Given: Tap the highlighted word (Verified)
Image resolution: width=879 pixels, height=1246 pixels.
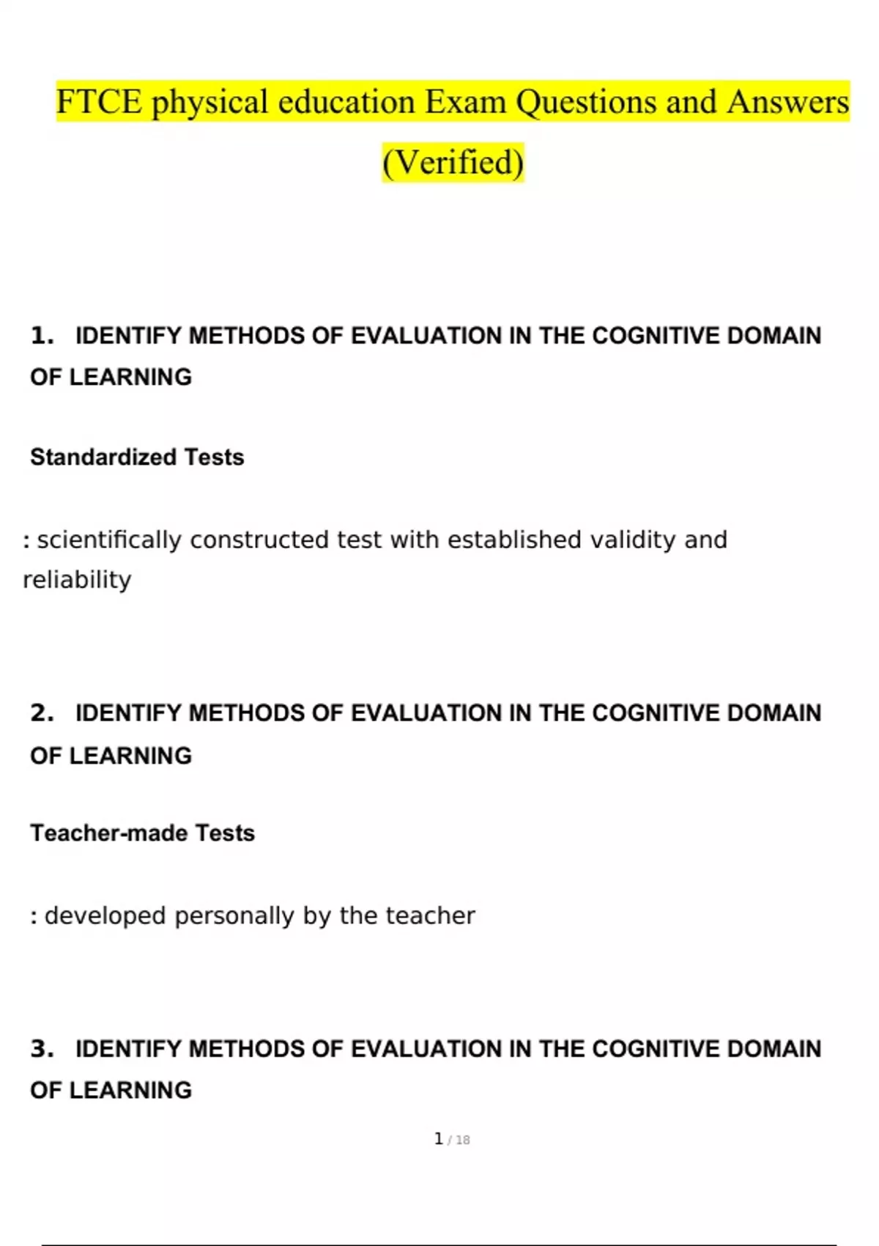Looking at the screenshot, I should [x=453, y=163].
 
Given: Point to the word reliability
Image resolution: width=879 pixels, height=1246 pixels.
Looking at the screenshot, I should [x=77, y=580].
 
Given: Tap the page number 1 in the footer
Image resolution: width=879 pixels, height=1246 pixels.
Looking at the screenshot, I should [x=438, y=1139].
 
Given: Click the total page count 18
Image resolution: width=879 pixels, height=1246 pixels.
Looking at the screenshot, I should [x=462, y=1140].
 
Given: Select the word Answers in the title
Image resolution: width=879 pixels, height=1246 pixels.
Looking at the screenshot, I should [x=787, y=102].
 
